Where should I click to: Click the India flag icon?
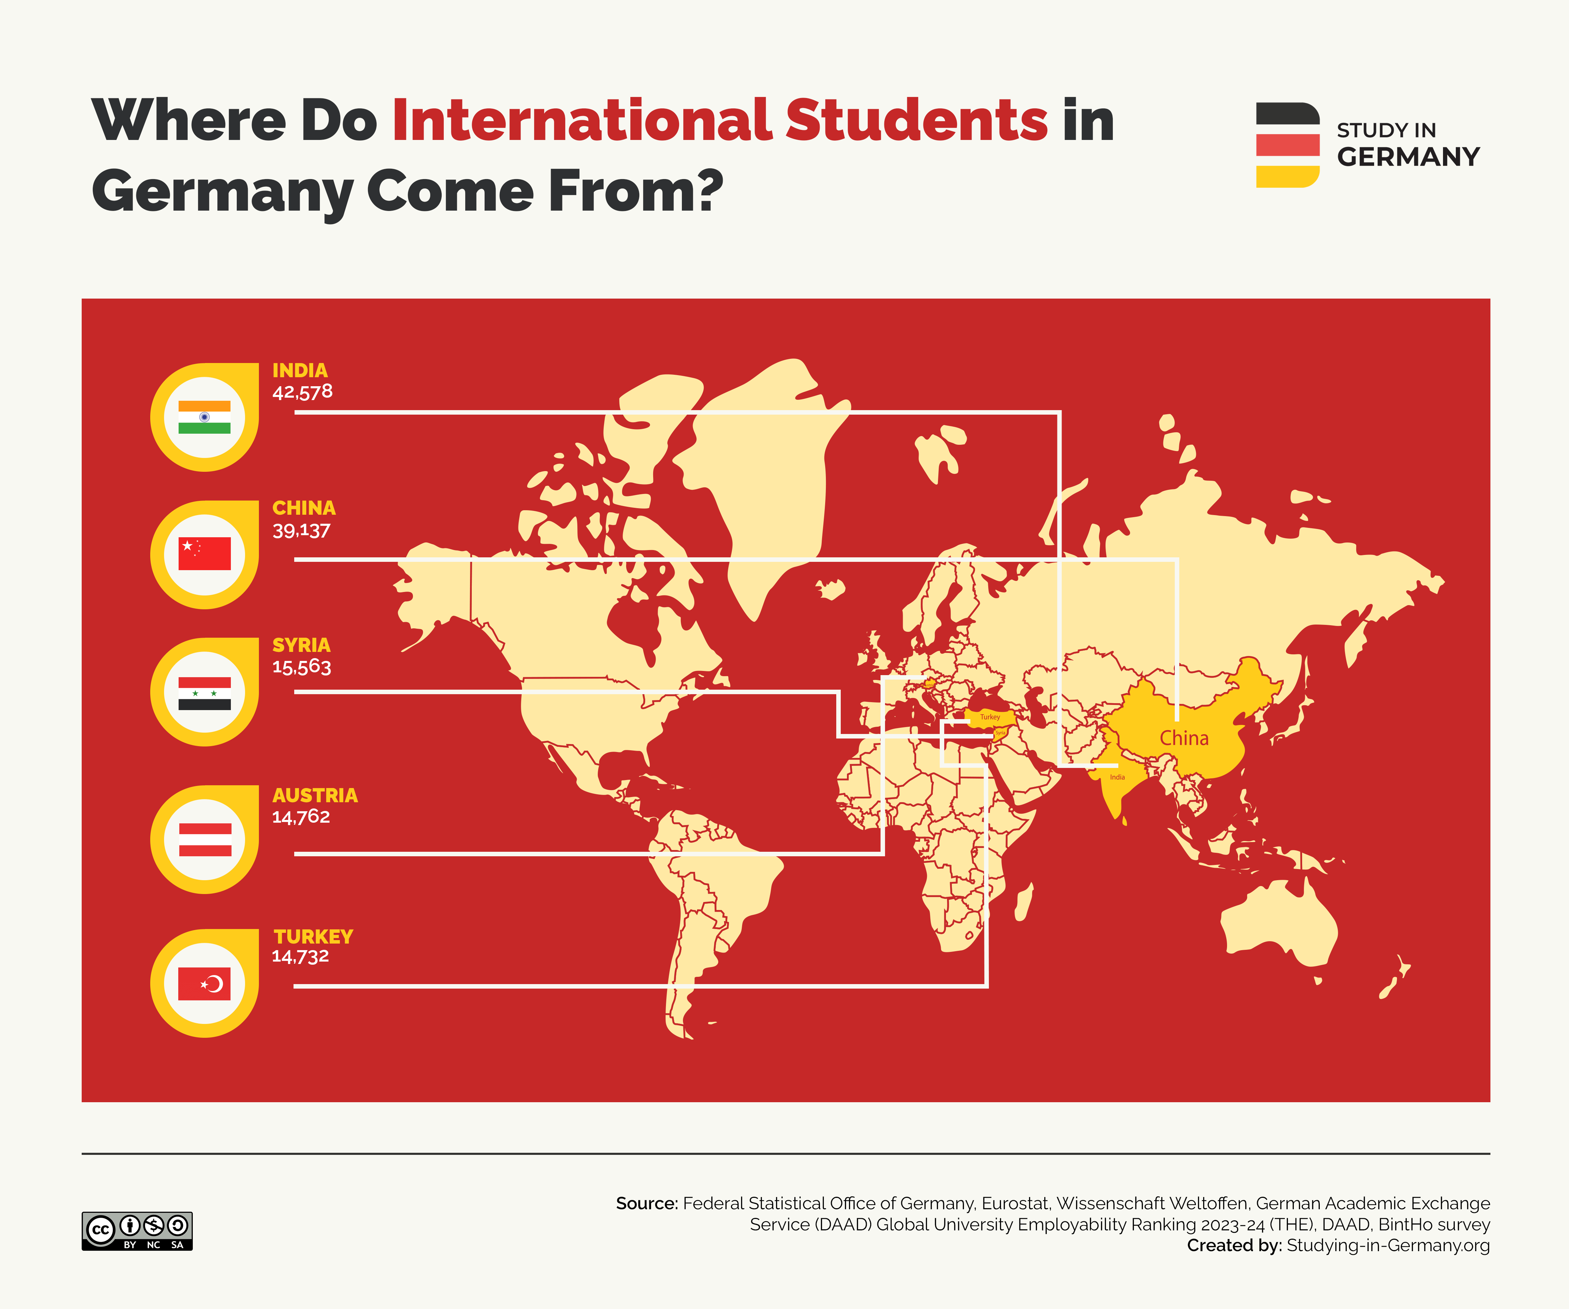(x=204, y=417)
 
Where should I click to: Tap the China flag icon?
(x=204, y=554)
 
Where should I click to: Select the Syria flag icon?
(x=204, y=693)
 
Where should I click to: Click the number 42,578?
(x=302, y=392)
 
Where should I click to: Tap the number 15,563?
(x=301, y=667)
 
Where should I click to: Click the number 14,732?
(x=300, y=956)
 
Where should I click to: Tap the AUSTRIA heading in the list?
(x=315, y=795)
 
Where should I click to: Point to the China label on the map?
(x=1183, y=738)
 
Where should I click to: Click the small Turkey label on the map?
(x=990, y=717)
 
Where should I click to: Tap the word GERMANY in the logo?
(x=1408, y=157)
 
